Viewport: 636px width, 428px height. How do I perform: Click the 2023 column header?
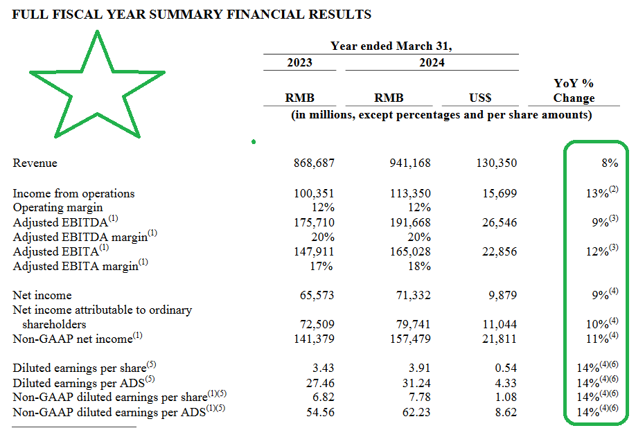click(x=300, y=62)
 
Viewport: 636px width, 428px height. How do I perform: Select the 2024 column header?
click(x=432, y=62)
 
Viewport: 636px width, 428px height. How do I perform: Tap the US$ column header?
click(x=480, y=98)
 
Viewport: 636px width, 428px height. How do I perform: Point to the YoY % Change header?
click(x=574, y=91)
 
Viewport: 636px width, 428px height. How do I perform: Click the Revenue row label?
click(x=35, y=163)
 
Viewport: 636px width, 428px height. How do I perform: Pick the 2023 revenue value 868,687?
click(x=315, y=163)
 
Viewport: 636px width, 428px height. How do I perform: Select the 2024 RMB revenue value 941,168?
click(x=410, y=163)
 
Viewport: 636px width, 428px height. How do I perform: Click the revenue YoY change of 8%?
click(x=610, y=163)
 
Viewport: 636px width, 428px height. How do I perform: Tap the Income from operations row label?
click(x=73, y=193)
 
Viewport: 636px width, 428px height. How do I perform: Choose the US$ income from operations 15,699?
click(x=500, y=193)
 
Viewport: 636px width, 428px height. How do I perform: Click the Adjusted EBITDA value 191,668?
click(x=410, y=222)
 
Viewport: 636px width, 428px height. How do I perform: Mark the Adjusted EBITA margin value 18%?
click(x=419, y=266)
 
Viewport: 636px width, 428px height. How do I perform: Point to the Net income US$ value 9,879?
click(x=502, y=295)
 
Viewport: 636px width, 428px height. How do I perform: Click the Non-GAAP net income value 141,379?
click(x=315, y=339)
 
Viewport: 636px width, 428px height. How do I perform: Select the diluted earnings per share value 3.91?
click(x=419, y=368)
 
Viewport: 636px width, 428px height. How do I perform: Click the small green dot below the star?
click(x=254, y=141)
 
